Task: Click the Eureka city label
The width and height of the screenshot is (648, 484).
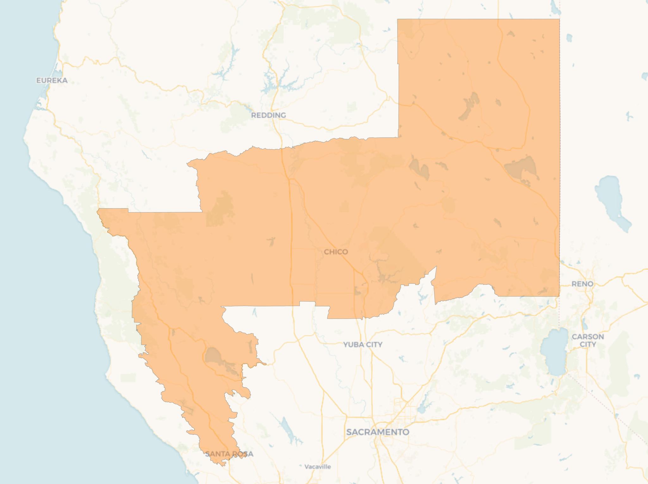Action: tap(52, 80)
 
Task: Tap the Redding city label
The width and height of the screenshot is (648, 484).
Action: tap(268, 115)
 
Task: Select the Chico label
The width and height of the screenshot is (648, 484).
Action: tap(336, 252)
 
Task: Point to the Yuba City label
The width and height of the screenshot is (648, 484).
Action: tap(363, 344)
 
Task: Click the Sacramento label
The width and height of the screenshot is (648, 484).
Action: tap(377, 432)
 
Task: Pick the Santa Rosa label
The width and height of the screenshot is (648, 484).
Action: tap(229, 454)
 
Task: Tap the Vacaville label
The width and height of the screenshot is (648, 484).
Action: tap(317, 467)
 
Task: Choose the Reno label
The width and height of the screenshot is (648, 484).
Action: tap(582, 284)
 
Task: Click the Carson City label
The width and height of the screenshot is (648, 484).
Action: tap(588, 340)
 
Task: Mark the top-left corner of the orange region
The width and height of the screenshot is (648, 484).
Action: tap(398, 19)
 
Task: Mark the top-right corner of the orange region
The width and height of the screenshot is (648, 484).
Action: tap(559, 19)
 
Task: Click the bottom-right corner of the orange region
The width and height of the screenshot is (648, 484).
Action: tap(559, 296)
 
